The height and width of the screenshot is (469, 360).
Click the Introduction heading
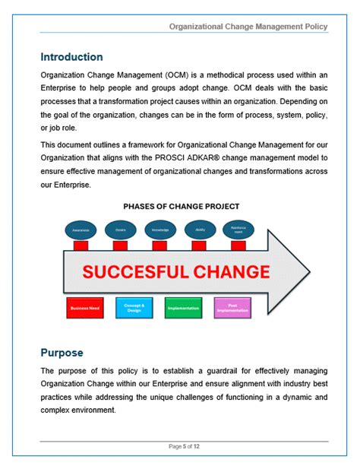click(x=71, y=57)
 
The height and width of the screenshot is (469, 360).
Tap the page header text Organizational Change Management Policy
click(x=249, y=27)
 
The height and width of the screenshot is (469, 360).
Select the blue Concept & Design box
click(x=134, y=308)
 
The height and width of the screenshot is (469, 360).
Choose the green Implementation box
click(x=183, y=308)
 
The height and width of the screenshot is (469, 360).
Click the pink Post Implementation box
click(x=232, y=308)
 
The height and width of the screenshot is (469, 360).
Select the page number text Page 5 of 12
click(x=184, y=446)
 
